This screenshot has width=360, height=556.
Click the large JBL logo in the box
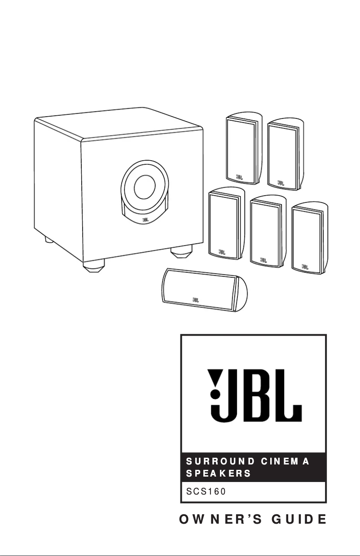click(254, 394)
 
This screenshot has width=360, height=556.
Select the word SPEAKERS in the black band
click(213, 473)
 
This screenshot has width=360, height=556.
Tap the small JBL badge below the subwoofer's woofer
click(145, 220)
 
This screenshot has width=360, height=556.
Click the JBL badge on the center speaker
click(196, 298)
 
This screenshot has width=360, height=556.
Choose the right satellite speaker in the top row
click(282, 153)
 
